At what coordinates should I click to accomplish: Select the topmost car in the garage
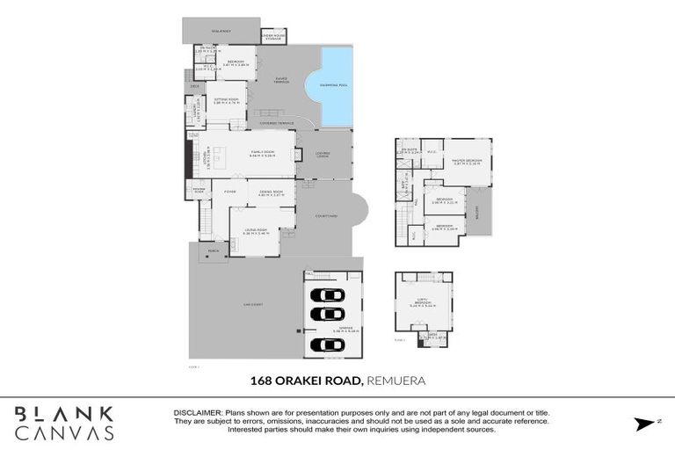point(328,294)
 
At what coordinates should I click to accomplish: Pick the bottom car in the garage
point(328,345)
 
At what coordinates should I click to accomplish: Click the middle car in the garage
point(328,314)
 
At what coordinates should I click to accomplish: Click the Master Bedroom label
point(465,161)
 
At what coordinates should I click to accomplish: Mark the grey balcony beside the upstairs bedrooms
point(479,212)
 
